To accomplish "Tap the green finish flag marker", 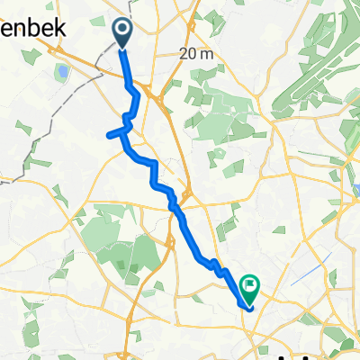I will (x=248, y=288).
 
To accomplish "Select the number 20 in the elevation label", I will (x=189, y=54).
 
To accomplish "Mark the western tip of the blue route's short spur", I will (x=109, y=136).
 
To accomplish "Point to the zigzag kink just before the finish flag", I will (x=216, y=265).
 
